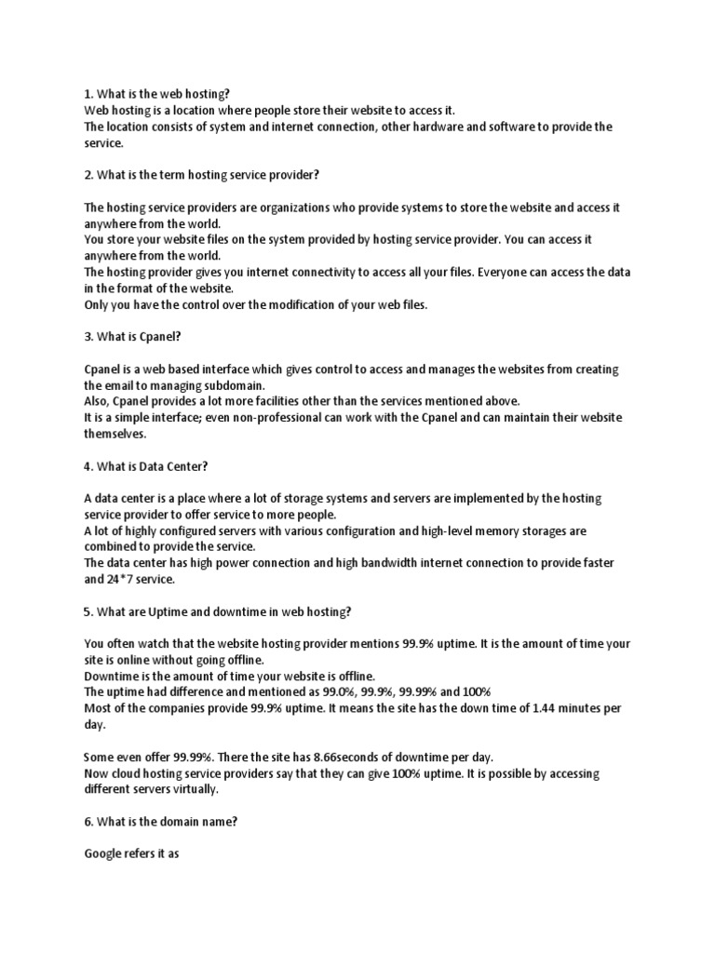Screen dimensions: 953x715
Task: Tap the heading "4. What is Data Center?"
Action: (147, 466)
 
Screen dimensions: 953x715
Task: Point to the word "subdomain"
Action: (237, 385)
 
